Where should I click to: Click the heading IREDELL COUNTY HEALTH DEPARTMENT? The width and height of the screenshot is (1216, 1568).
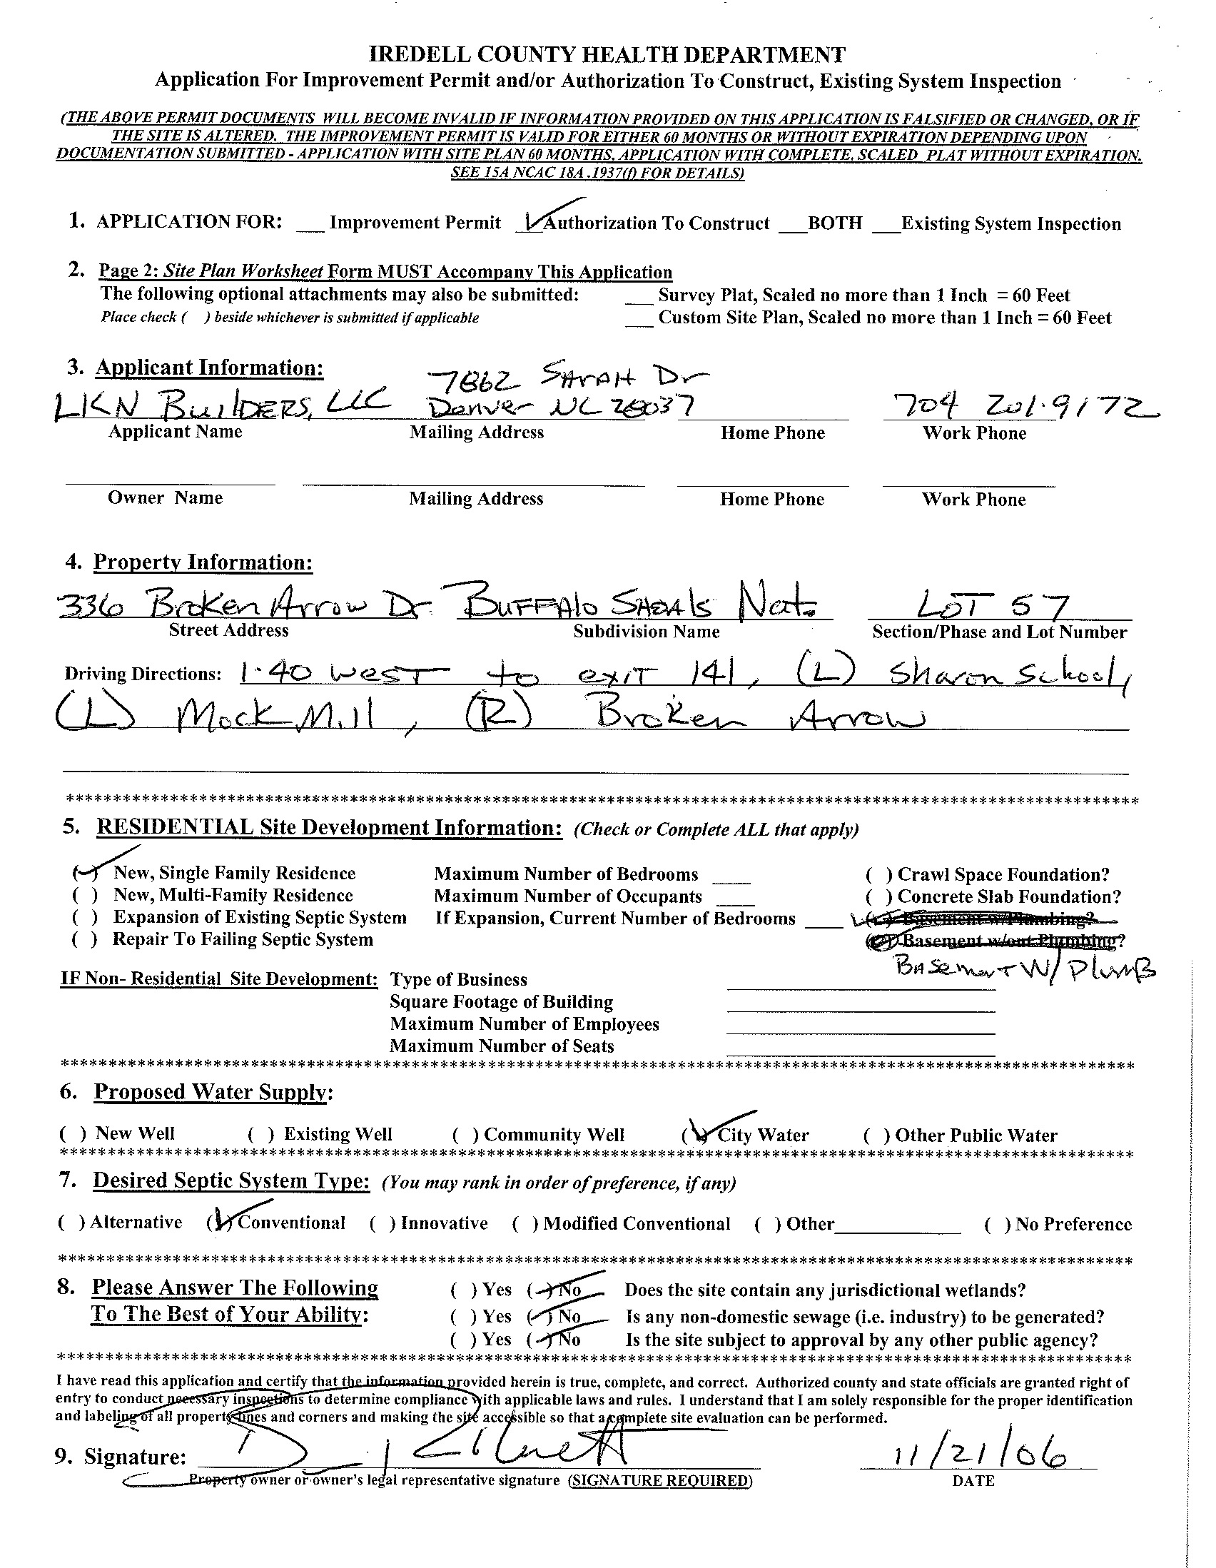tap(607, 54)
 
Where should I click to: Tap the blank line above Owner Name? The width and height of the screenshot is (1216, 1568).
tap(170, 480)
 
